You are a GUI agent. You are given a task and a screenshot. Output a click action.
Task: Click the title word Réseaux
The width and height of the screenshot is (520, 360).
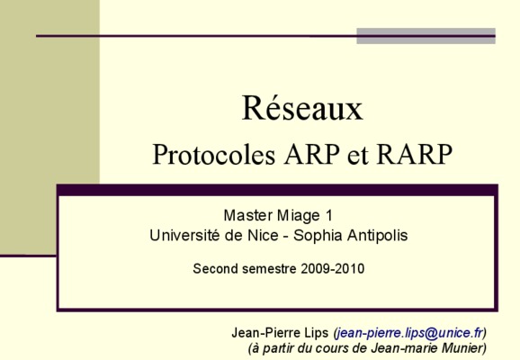click(x=302, y=108)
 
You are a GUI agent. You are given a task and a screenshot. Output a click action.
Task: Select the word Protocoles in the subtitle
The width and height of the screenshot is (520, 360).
click(x=214, y=154)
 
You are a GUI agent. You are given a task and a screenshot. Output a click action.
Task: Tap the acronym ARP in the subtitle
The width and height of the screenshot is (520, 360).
click(x=312, y=154)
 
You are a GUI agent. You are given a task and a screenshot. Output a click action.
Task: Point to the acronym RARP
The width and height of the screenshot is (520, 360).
click(x=415, y=154)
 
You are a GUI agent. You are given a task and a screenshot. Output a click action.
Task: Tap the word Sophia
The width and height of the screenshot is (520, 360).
click(x=318, y=236)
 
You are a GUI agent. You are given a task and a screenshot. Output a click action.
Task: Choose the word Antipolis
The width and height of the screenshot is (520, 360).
click(x=377, y=236)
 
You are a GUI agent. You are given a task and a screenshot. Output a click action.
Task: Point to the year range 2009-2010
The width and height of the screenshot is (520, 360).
click(x=333, y=268)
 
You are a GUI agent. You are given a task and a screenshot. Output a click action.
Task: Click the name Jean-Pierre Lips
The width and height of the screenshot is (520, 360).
click(x=280, y=332)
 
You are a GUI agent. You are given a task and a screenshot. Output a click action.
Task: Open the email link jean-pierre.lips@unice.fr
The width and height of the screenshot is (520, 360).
click(x=409, y=333)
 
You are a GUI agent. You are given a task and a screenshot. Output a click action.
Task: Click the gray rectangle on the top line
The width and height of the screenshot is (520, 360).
click(x=426, y=36)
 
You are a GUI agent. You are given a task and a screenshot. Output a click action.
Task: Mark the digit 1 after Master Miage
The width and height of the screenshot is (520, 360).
click(x=328, y=215)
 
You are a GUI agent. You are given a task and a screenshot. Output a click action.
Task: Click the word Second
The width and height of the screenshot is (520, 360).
click(x=215, y=268)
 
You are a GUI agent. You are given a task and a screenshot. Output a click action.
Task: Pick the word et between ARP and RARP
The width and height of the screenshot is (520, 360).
click(x=358, y=157)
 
